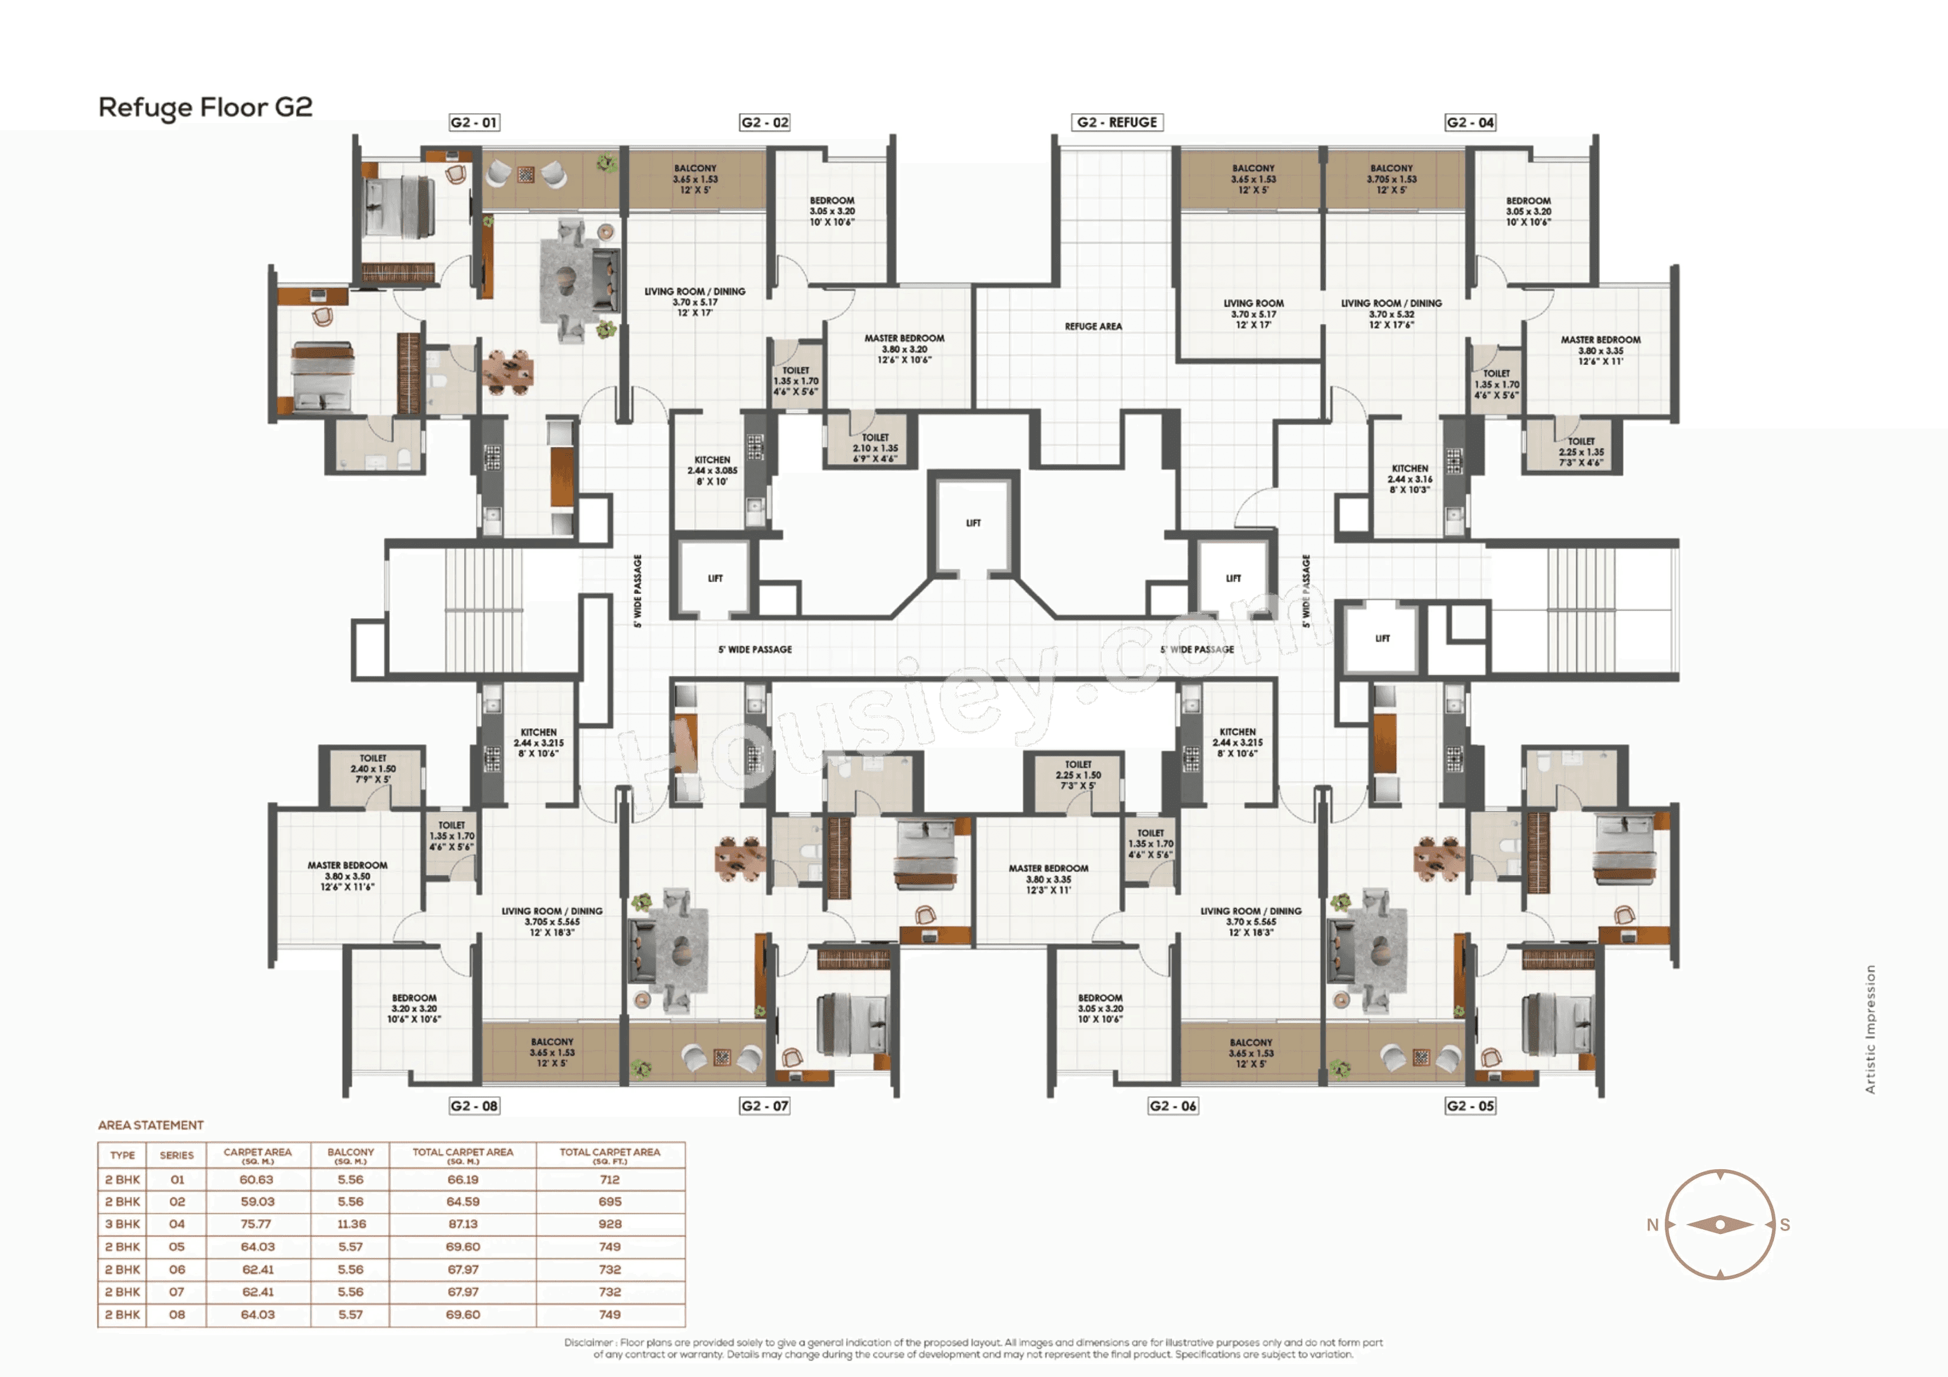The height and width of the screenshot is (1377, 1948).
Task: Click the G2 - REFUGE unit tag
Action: click(x=1117, y=122)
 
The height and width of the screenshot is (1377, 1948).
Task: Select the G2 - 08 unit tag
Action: click(x=474, y=1106)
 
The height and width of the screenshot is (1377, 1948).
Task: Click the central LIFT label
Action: click(x=973, y=523)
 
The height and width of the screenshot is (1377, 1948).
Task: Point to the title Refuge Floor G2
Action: click(x=206, y=108)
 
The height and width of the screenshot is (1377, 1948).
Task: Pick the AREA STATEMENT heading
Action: click(x=151, y=1125)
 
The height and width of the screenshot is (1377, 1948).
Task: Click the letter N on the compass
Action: click(x=1652, y=1225)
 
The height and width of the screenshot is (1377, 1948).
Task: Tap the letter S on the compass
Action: click(x=1784, y=1225)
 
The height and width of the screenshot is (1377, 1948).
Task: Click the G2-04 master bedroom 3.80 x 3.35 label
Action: click(x=1600, y=350)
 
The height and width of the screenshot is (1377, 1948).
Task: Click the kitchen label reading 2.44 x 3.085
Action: click(x=712, y=470)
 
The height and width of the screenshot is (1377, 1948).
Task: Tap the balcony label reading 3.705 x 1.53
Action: click(x=1392, y=179)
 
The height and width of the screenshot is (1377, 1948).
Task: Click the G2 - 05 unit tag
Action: click(x=1470, y=1106)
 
